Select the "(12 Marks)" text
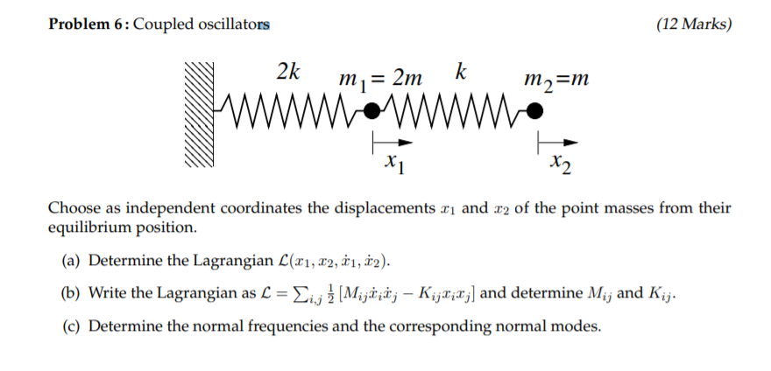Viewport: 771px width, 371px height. coord(693,24)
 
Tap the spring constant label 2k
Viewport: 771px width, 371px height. coord(288,73)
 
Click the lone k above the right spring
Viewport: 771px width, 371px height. coord(460,72)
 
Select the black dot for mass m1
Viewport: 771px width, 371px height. coord(372,110)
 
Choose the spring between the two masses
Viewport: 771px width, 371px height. coord(455,110)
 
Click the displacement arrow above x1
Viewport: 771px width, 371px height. coord(389,140)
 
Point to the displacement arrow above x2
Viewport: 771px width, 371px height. coord(557,140)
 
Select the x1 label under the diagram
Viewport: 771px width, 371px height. coord(394,163)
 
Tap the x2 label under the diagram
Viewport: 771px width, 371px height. coord(561,164)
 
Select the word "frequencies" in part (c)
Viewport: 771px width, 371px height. coord(275,326)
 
